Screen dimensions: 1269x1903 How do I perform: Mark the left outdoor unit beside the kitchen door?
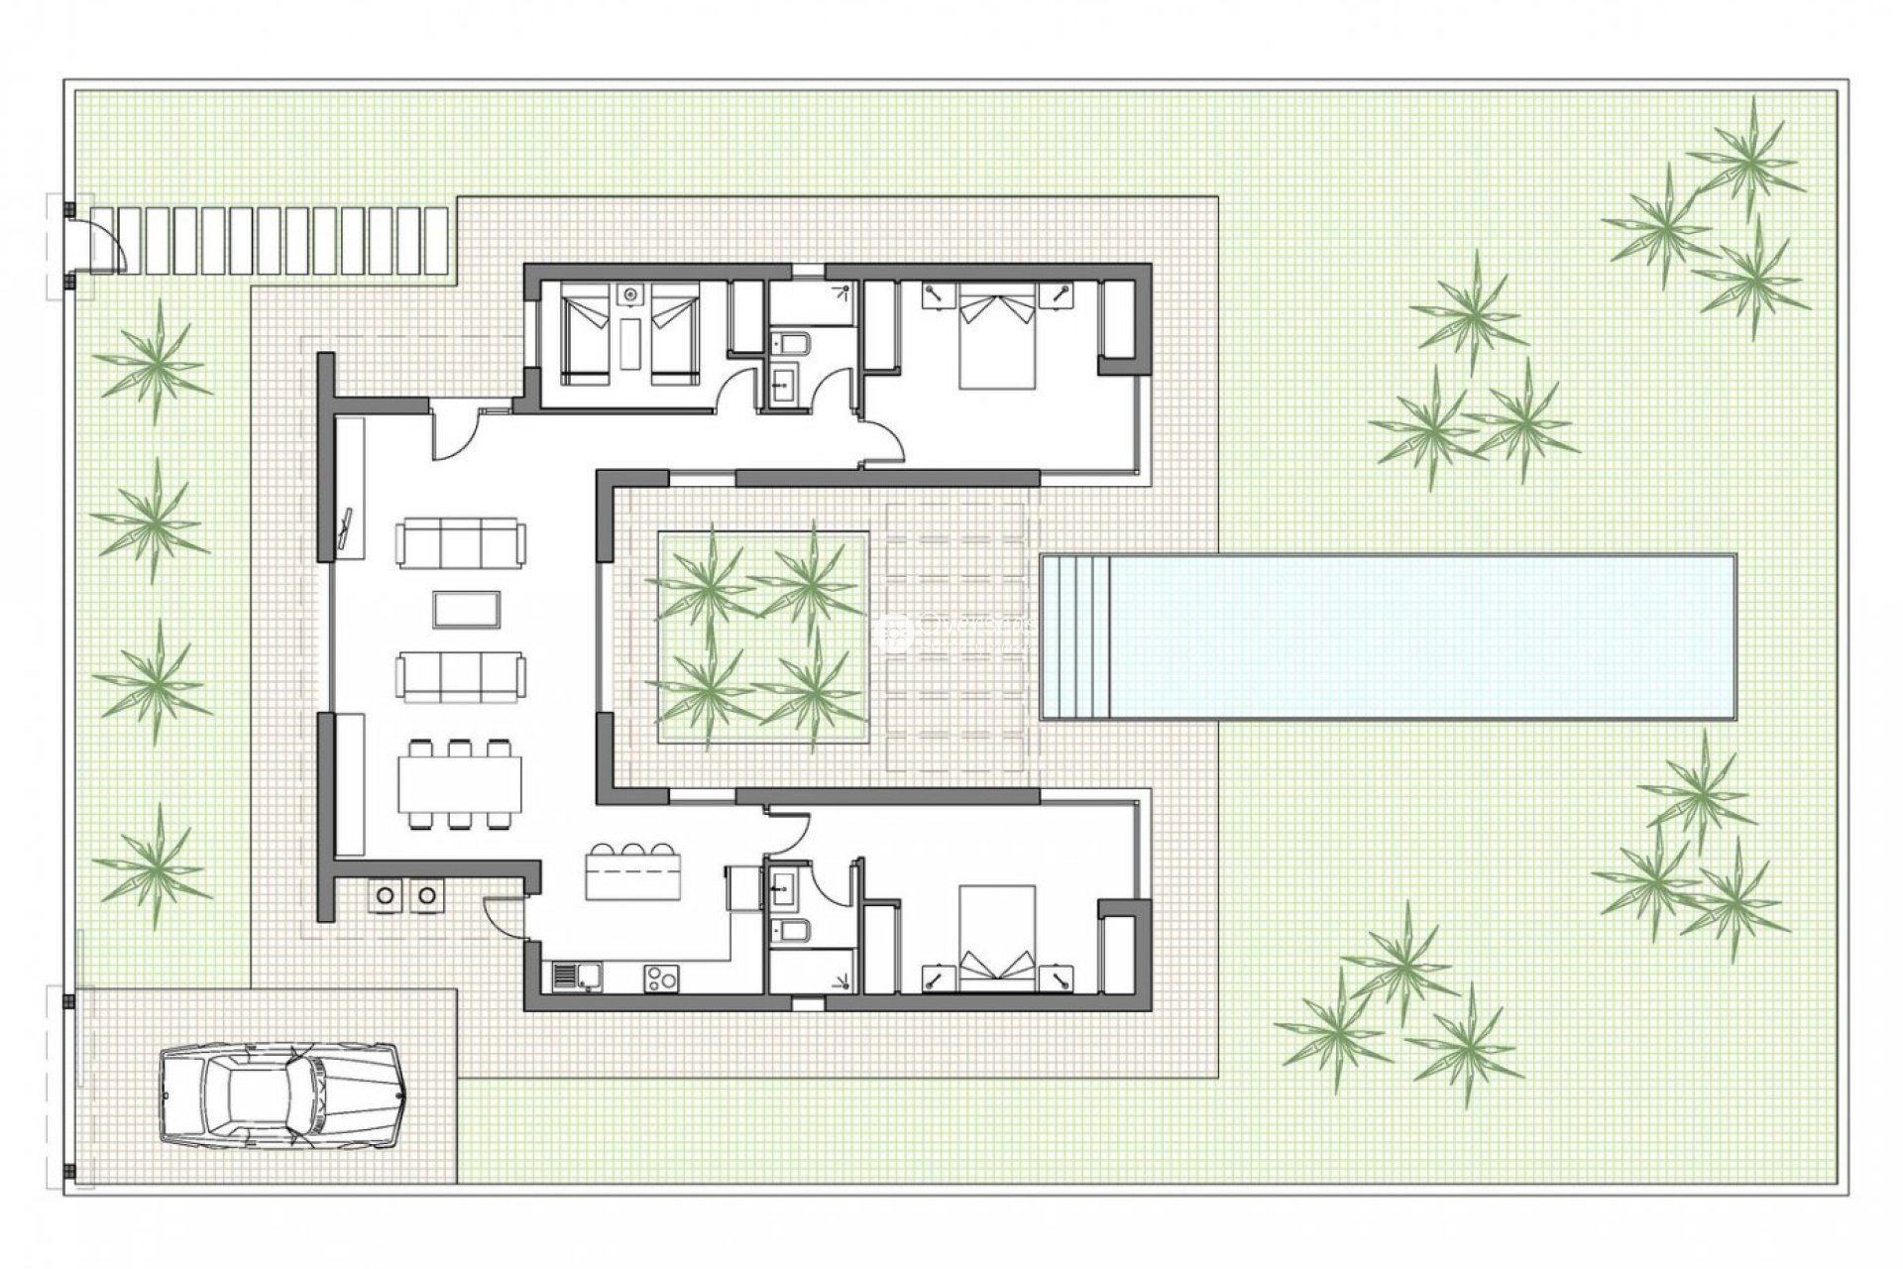[386, 895]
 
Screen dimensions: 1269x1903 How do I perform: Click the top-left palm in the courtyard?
[706, 585]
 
